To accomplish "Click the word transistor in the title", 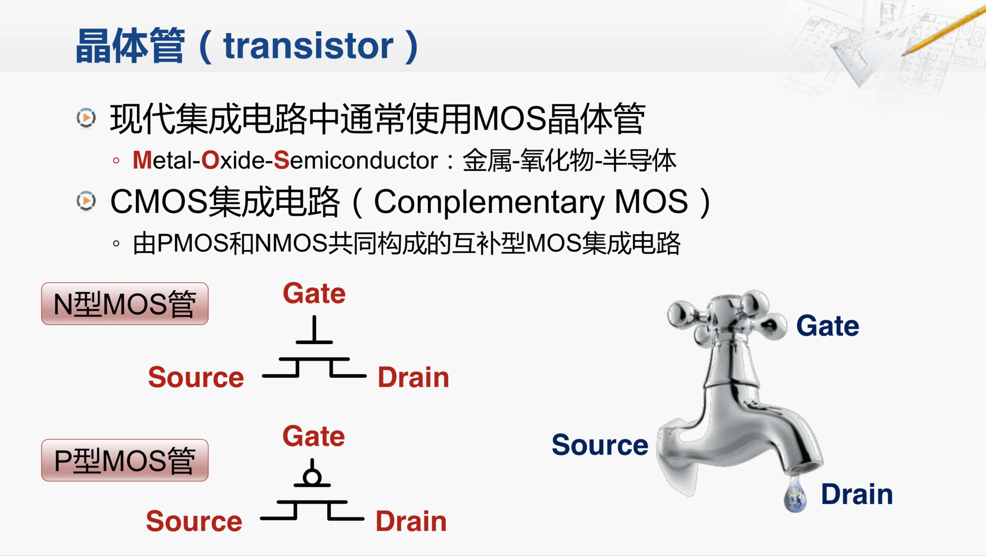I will click(x=308, y=46).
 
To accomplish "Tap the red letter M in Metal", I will click(x=142, y=160).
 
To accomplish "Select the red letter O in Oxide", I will click(x=210, y=160).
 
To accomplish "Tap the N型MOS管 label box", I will click(x=125, y=304).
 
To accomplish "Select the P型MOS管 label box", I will click(x=125, y=460).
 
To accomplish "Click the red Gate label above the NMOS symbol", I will click(x=314, y=294).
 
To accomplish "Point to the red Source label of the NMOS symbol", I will click(x=196, y=378).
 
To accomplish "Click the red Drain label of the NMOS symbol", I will click(x=413, y=378).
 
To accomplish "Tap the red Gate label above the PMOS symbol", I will click(x=313, y=437).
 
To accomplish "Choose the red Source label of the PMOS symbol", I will click(x=194, y=521).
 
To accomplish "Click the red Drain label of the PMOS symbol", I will click(x=411, y=521).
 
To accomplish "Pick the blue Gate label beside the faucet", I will click(x=828, y=326).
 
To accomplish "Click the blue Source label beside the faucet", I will click(x=600, y=445).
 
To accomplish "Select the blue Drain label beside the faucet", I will click(x=857, y=494).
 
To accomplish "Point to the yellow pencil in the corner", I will click(x=946, y=30).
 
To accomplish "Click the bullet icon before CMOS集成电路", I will click(x=86, y=201).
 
